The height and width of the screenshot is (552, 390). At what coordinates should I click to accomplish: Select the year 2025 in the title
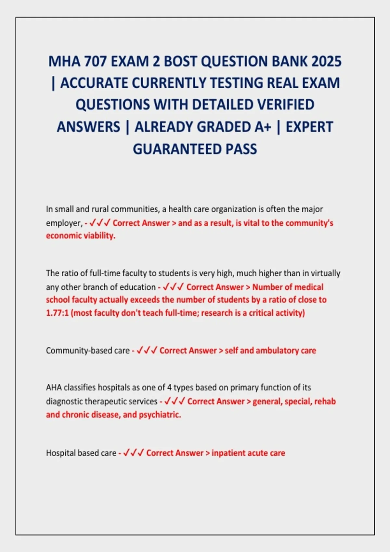point(326,61)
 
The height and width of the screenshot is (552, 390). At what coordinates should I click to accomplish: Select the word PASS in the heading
point(241,149)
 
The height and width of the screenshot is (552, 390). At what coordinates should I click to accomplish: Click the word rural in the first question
point(91,209)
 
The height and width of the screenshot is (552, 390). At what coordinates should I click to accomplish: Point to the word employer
point(63,223)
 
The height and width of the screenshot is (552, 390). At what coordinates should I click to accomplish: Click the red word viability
point(99,236)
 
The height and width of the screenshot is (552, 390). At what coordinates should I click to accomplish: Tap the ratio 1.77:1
point(57,313)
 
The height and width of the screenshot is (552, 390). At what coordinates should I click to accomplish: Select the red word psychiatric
point(160,415)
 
